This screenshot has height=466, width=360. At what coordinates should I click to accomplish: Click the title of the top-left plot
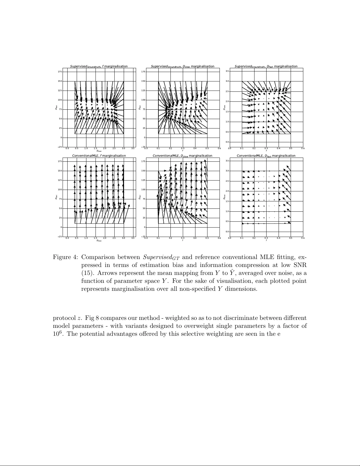click(99, 66)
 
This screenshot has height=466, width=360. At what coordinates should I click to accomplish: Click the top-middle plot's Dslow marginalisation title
click(182, 66)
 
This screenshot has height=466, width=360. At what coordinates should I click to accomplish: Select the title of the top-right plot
click(266, 66)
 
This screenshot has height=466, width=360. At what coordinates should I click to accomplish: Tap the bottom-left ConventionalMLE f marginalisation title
click(99, 156)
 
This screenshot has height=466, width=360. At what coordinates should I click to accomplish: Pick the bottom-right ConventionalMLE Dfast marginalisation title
click(266, 156)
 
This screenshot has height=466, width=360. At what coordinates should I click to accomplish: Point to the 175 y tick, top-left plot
click(60, 72)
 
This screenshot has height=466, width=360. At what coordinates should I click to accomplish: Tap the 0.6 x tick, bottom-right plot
click(303, 238)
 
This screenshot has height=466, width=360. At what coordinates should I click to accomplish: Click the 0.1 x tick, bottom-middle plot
click(158, 238)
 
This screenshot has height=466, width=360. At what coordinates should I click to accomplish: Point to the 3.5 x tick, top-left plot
click(133, 148)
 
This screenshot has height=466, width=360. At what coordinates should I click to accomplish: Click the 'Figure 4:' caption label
click(65, 257)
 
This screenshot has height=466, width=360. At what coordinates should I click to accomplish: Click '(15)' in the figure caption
click(86, 273)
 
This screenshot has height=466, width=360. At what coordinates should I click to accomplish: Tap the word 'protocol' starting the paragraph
click(64, 318)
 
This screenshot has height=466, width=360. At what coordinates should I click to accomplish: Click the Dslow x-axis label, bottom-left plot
click(99, 240)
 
